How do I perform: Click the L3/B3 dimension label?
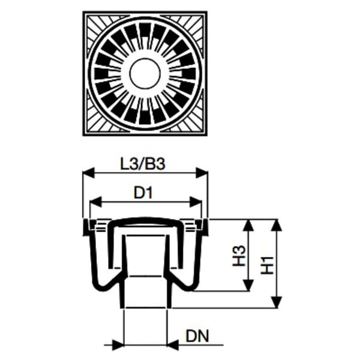(x=143, y=164)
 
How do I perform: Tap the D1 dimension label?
(x=143, y=193)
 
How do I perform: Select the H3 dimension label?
(x=239, y=256)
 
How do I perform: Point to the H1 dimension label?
(x=268, y=265)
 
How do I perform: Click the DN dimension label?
(x=197, y=336)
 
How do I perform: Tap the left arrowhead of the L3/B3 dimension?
(x=88, y=173)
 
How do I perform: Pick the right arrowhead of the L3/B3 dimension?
(x=202, y=173)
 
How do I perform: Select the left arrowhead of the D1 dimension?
(x=95, y=202)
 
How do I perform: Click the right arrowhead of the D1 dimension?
(x=196, y=202)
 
